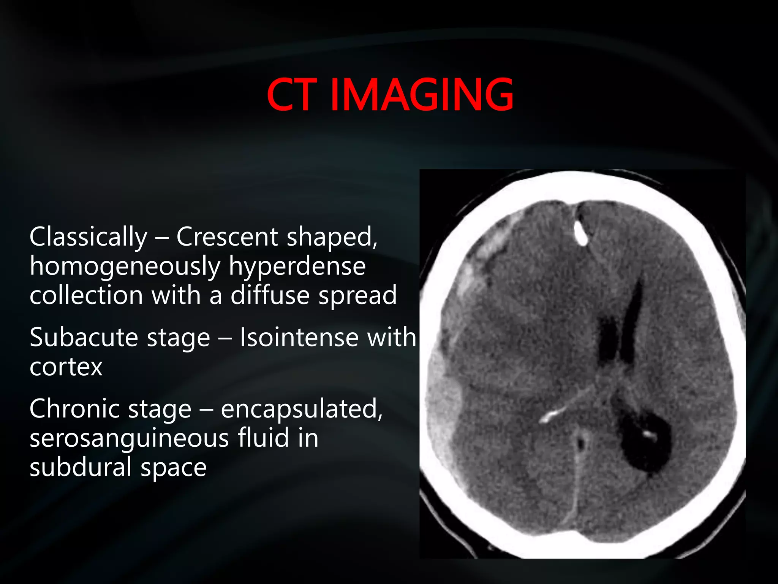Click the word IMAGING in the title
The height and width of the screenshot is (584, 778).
tap(422, 95)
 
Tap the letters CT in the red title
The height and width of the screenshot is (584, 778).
tap(291, 95)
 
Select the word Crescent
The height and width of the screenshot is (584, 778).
tap(227, 237)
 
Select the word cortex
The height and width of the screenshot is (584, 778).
tap(66, 367)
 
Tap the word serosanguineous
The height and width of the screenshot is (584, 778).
tap(130, 439)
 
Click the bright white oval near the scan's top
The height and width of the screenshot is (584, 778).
tap(580, 232)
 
